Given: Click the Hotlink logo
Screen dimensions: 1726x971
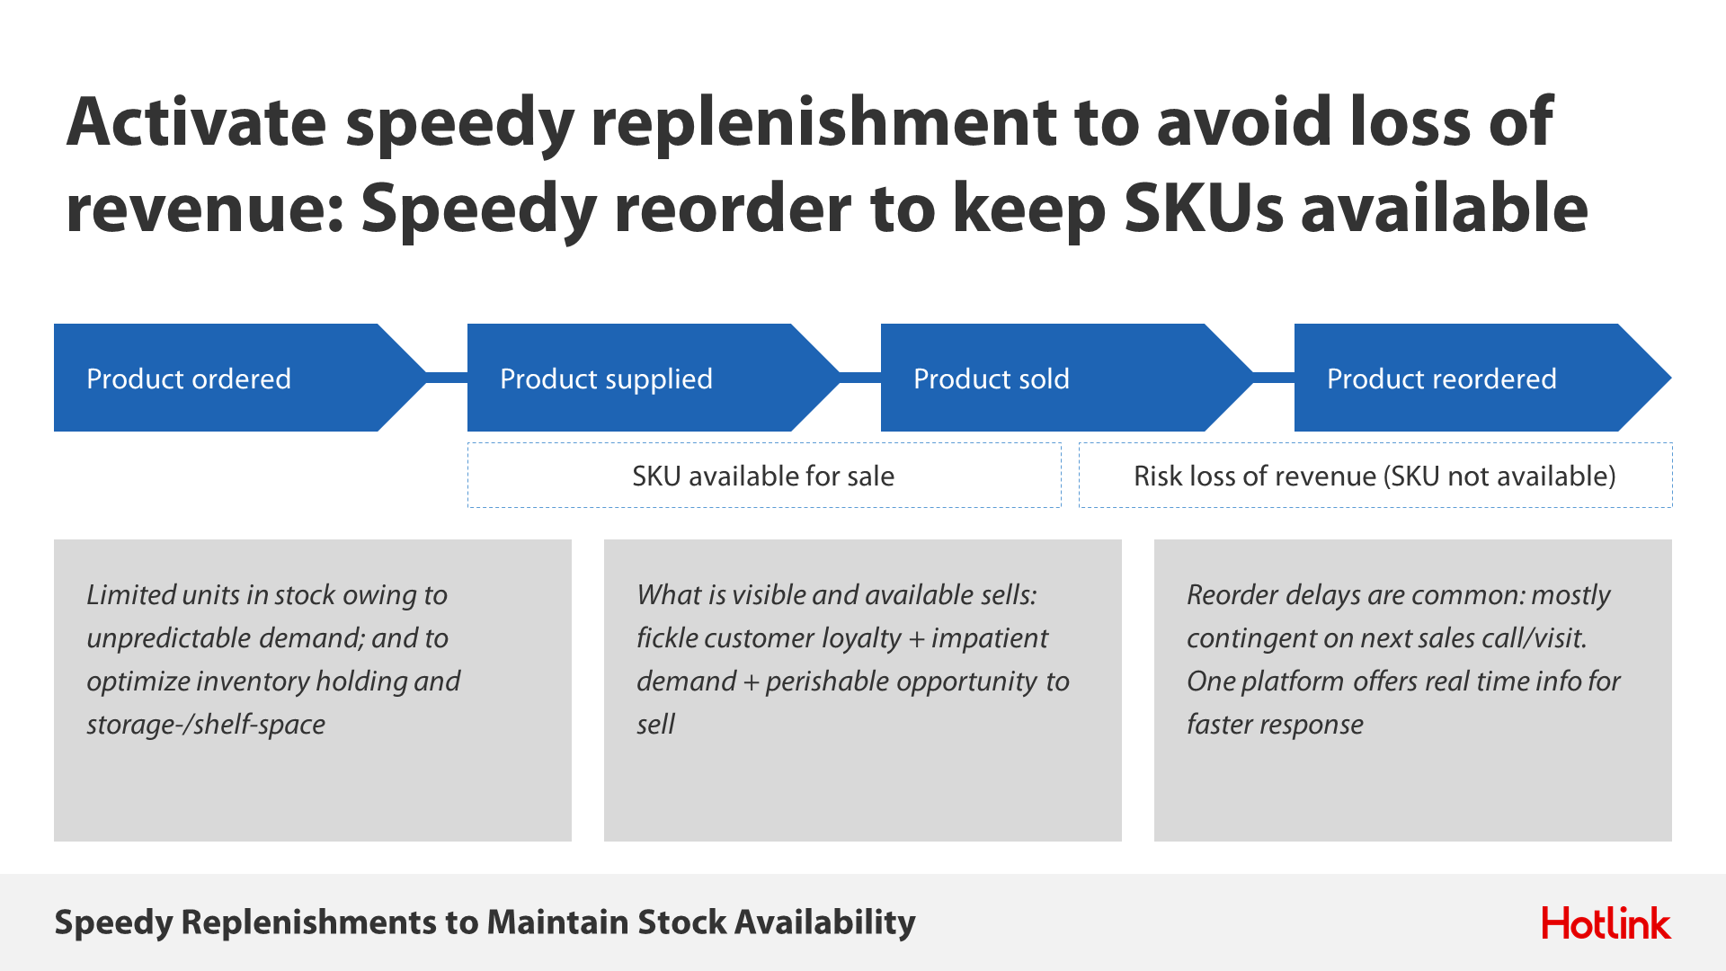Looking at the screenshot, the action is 1606,923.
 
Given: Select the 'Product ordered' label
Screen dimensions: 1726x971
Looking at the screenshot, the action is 189,379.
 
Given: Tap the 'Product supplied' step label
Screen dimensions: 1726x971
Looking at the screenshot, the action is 606,379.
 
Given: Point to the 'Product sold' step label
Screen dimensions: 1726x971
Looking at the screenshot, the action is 992,379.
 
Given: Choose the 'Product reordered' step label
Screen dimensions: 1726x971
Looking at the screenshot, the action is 1442,379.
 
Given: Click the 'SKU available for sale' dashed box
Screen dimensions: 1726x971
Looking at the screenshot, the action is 764,475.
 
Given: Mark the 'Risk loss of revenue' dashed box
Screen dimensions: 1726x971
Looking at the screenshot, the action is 1375,475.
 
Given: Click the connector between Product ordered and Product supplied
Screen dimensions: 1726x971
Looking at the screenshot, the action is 447,378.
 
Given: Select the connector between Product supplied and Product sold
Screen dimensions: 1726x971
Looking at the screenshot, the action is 860,378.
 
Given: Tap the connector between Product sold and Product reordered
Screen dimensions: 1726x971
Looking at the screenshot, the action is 1274,378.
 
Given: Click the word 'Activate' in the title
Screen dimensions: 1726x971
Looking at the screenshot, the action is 197,121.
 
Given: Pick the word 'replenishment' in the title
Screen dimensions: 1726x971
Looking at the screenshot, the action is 823,125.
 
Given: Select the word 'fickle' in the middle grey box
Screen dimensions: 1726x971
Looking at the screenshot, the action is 664,637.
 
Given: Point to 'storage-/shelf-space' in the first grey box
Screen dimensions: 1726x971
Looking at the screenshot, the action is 206,725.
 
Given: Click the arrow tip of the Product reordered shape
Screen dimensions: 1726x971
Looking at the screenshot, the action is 1670,378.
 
